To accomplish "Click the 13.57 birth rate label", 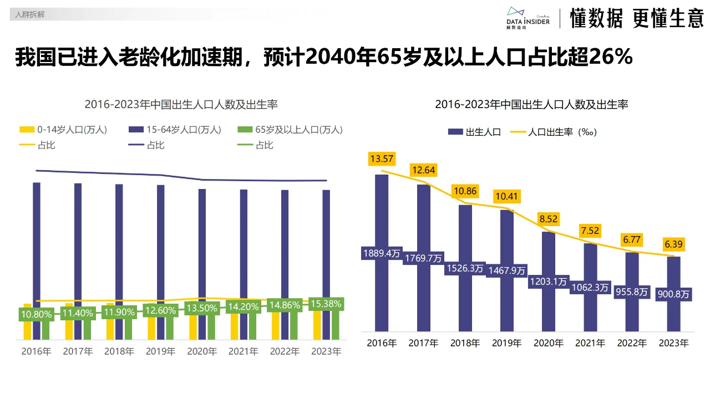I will tap(382, 159).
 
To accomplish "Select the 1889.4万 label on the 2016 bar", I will tap(382, 253).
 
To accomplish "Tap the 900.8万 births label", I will tap(673, 295).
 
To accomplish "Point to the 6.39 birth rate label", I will tap(673, 244).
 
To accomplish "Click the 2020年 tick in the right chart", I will tap(548, 343).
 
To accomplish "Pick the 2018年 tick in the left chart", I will tap(119, 351).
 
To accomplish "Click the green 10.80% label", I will tap(37, 314).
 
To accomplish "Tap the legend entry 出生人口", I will tap(475, 132).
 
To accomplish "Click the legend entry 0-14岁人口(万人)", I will tap(64, 130).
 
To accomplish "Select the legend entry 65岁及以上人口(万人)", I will tap(290, 130).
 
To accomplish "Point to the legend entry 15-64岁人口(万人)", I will tap(175, 130).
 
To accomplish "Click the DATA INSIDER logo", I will tap(528, 18).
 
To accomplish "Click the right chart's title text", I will tap(531, 104).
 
